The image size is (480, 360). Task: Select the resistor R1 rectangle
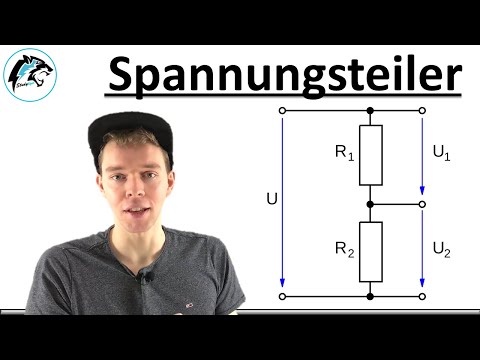tap(370, 155)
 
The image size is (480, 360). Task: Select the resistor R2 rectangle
tap(370, 251)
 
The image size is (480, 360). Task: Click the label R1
tap(344, 154)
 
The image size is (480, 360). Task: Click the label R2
tap(344, 251)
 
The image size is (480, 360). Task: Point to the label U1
tap(441, 153)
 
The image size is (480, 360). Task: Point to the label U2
tap(441, 249)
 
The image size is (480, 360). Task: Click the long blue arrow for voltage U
tap(284, 200)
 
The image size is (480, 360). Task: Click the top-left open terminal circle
tap(284, 110)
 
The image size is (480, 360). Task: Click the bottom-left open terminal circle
tap(284, 297)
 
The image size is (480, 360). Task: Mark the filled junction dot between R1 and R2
tap(370, 203)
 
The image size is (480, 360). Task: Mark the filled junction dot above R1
tap(370, 110)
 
